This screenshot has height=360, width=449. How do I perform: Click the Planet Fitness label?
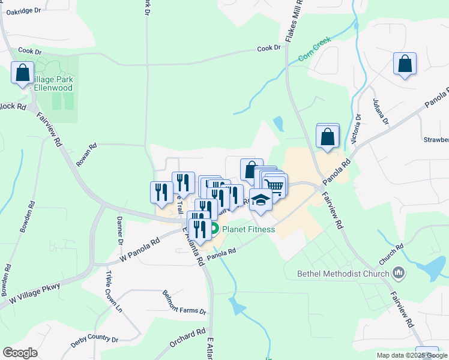point(249,229)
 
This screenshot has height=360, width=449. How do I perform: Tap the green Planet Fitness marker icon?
point(214,229)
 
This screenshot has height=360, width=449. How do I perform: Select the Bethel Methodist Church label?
point(344,274)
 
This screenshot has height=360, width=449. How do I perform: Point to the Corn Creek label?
point(315,50)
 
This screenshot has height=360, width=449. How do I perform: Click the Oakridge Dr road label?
point(25,10)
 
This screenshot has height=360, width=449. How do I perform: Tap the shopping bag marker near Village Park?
point(23,73)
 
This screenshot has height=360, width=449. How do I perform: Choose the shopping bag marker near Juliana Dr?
point(405,64)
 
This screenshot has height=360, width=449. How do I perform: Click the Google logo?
point(20,353)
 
